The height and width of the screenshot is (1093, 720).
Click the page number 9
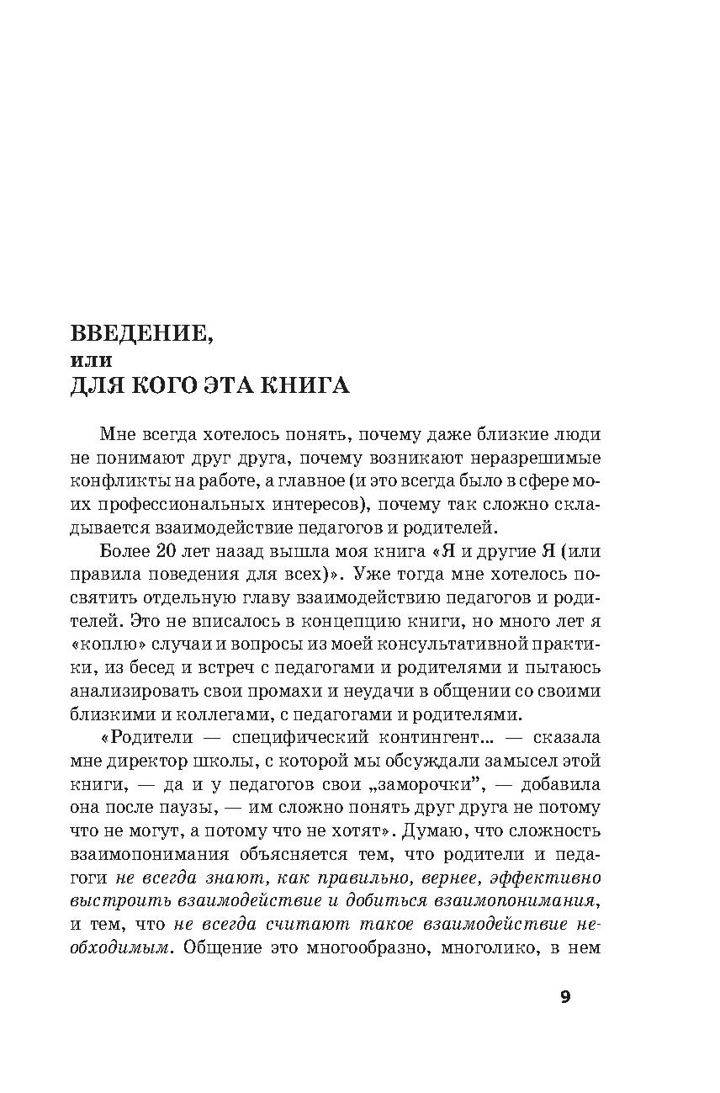tap(565, 997)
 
